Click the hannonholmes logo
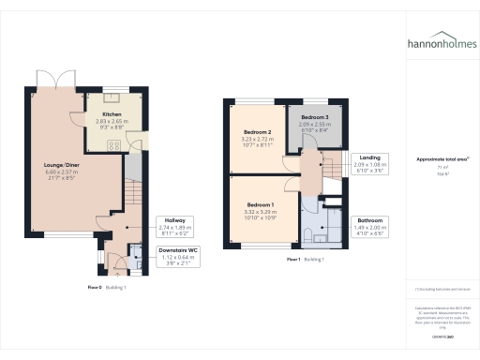[x=440, y=43]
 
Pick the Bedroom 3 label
[x=314, y=122]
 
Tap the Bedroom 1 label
[x=261, y=206]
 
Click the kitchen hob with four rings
[x=113, y=145]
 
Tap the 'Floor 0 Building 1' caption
[x=107, y=286]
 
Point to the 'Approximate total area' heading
[x=440, y=160]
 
